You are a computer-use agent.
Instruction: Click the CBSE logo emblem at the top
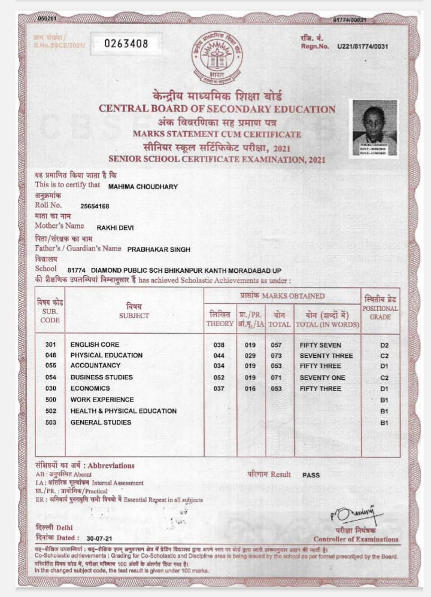click(x=217, y=57)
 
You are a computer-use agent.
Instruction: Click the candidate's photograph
click(x=374, y=128)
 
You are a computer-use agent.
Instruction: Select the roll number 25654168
click(x=95, y=206)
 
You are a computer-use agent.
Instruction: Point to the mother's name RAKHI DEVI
click(x=116, y=227)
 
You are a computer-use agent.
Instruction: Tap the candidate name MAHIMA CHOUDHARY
click(x=143, y=187)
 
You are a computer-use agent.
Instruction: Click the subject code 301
click(x=50, y=345)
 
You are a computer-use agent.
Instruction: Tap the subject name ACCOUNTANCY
click(x=95, y=365)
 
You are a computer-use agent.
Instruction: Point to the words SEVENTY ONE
click(x=323, y=377)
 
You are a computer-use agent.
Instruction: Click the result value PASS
click(x=311, y=475)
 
